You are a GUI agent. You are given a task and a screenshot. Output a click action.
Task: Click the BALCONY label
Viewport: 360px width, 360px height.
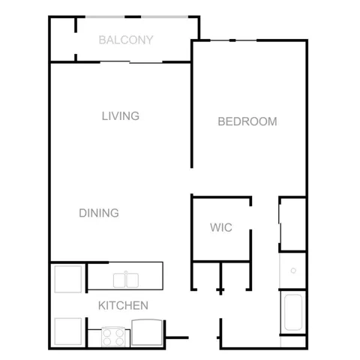click(126, 40)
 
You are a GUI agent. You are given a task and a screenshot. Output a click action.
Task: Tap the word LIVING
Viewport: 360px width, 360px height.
click(121, 116)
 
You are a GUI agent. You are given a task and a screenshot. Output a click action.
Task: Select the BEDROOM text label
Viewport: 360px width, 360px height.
click(247, 121)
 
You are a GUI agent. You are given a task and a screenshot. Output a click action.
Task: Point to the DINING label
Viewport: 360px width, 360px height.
click(99, 213)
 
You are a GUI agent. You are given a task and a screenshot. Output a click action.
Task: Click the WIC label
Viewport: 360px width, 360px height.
click(221, 227)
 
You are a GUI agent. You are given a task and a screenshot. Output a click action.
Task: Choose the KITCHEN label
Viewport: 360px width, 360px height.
click(123, 305)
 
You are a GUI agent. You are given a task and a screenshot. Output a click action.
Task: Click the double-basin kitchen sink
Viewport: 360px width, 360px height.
click(126, 280)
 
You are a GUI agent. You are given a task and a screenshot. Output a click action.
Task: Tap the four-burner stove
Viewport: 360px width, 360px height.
click(114, 337)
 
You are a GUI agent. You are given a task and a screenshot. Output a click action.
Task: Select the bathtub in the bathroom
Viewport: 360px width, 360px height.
click(293, 312)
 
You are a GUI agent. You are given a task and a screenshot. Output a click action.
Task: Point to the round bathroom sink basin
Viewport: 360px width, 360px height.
click(293, 271)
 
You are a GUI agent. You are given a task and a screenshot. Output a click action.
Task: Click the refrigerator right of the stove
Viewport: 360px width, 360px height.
click(147, 332)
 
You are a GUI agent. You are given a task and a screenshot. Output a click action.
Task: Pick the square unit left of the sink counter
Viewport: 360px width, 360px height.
click(68, 279)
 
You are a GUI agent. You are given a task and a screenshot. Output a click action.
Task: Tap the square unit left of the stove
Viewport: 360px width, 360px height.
click(68, 331)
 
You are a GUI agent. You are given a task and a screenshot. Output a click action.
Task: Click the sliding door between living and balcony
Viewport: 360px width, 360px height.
click(131, 62)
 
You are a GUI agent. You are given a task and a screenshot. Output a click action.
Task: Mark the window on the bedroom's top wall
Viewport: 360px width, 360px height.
click(233, 40)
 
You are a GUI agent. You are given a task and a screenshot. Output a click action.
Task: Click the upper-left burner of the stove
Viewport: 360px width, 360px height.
click(107, 333)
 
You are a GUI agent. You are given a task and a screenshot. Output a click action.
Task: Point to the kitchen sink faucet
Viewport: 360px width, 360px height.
click(126, 272)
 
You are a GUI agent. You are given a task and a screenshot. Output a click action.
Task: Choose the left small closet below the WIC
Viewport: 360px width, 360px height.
click(206, 276)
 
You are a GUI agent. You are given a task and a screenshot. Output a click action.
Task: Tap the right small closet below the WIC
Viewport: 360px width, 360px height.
click(235, 276)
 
